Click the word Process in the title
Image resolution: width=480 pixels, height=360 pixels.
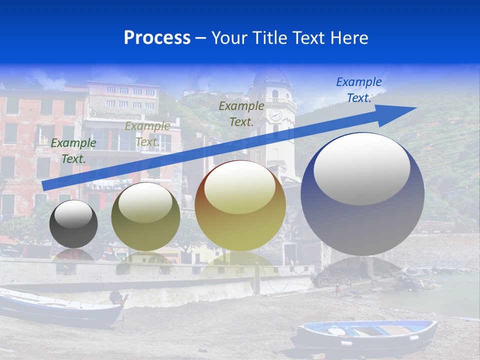(157, 38)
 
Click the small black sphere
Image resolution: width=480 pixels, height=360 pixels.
(73, 224)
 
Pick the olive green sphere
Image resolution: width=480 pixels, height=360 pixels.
(145, 217)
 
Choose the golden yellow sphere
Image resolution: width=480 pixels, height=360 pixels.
(240, 206)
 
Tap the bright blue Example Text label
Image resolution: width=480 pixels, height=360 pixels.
(358, 90)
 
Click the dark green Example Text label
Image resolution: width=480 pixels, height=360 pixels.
(73, 151)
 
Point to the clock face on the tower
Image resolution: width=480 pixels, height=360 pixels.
(275, 115)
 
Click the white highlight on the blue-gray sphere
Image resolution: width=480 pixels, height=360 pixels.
(361, 168)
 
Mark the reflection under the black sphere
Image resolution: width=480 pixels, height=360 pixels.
(73, 255)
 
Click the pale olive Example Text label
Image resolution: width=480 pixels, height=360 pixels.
(147, 134)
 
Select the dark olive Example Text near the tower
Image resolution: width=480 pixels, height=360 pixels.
(241, 113)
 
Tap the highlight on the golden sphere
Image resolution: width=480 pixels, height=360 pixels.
(240, 187)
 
